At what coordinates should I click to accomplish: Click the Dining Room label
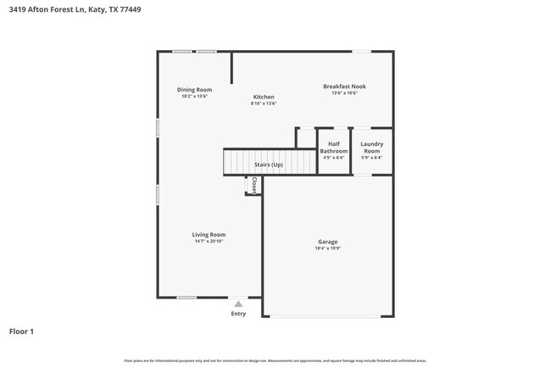pos(194,90)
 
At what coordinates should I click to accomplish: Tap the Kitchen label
pos(264,98)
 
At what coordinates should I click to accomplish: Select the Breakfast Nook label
pos(345,86)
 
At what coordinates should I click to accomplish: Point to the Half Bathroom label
pos(334,148)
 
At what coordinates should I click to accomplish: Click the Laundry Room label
pos(371,148)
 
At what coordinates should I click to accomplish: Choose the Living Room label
pos(209,235)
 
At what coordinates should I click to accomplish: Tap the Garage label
pos(327,242)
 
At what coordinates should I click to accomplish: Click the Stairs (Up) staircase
pos(269,164)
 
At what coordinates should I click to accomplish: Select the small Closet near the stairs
pos(253,186)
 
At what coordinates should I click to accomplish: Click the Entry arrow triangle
pos(238,304)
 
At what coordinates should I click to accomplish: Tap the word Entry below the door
pos(238,314)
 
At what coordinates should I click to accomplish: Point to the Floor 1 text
pos(21,332)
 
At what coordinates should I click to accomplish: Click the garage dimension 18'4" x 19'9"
pos(327,248)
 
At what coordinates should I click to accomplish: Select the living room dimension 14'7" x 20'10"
pos(209,242)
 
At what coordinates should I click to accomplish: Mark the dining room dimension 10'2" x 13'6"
pos(194,97)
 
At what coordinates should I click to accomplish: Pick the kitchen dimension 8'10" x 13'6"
pos(264,103)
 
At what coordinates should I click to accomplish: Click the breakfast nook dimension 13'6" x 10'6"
pos(345,93)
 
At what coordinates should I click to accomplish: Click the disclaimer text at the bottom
pos(275,361)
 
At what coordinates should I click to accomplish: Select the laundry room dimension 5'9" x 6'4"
pos(371,158)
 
